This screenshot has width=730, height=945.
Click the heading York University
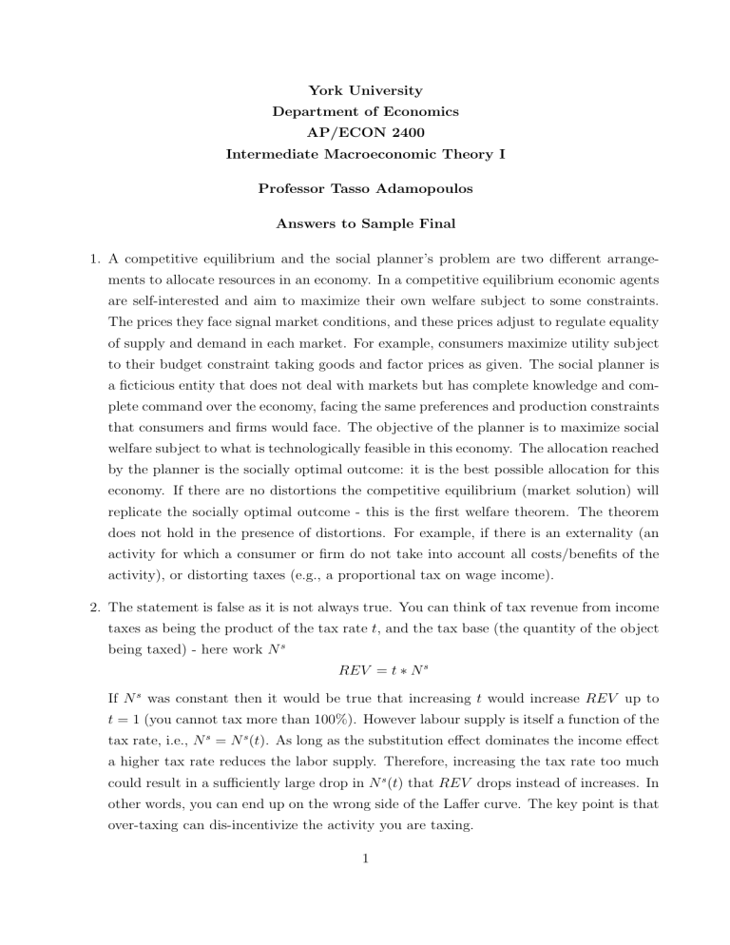coord(366,91)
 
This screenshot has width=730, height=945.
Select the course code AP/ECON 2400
coord(366,131)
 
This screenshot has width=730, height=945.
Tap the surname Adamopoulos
coord(418,188)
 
